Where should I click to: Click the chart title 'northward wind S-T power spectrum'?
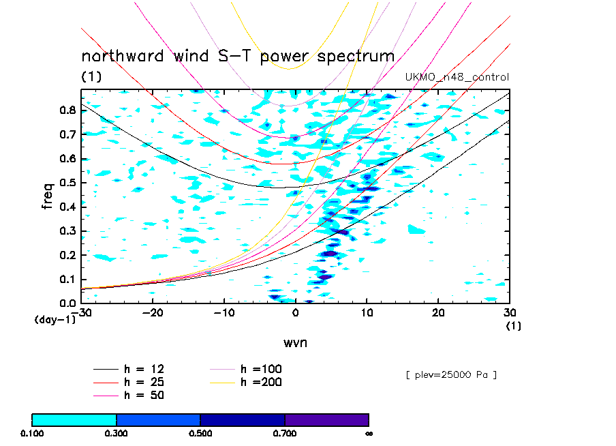pos(238,56)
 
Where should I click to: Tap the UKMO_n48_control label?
pos(457,77)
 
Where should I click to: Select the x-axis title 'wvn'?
pos(295,342)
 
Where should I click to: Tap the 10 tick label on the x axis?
pos(367,313)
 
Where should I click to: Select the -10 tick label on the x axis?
pos(224,313)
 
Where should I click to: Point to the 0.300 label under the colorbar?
pos(117,433)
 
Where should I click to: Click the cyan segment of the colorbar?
pos(74,419)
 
